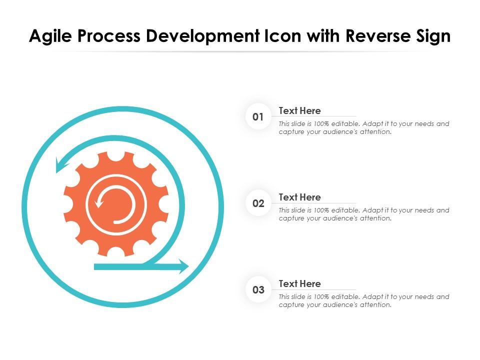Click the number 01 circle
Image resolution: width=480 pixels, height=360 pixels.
pyautogui.click(x=258, y=117)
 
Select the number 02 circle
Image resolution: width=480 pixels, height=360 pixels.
pyautogui.click(x=258, y=204)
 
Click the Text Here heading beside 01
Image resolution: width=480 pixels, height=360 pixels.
pyautogui.click(x=299, y=110)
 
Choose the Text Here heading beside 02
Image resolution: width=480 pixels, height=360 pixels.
pyautogui.click(x=299, y=197)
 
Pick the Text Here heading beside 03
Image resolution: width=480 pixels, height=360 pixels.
pyautogui.click(x=299, y=283)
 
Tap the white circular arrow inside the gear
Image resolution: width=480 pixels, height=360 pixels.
pyautogui.click(x=116, y=204)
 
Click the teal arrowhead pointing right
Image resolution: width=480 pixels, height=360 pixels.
pyautogui.click(x=182, y=266)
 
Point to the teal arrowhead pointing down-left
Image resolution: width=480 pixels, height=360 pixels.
pyautogui.click(x=61, y=165)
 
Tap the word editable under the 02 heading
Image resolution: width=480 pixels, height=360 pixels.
pyautogui.click(x=343, y=210)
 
